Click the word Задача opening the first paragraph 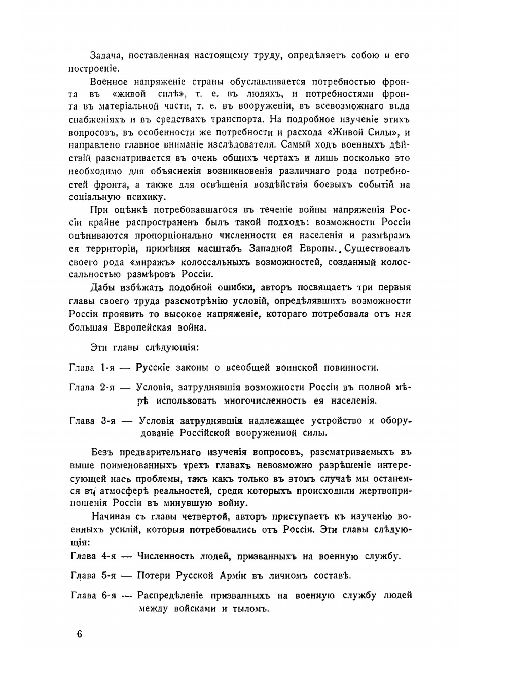click(x=105, y=55)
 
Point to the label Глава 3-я click(x=93, y=421)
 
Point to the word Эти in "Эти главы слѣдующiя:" click(x=98, y=348)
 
